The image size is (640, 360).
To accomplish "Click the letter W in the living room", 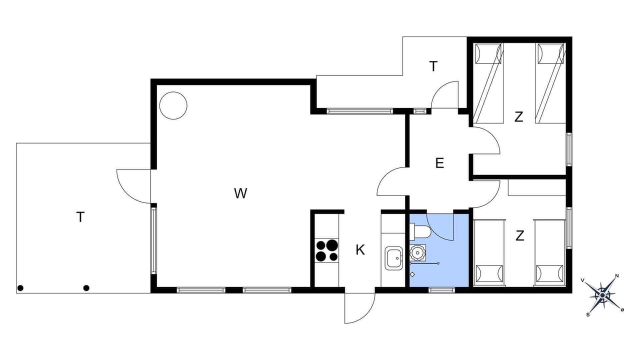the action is point(240,193).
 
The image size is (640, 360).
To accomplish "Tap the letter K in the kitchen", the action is point(360,250).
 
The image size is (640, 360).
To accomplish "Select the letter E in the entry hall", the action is point(439,163).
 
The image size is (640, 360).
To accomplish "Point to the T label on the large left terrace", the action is point(80,217).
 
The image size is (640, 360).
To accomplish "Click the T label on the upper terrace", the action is point(433,66).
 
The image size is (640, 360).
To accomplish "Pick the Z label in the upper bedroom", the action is point(518,117).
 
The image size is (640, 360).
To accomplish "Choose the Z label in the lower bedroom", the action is point(519,235).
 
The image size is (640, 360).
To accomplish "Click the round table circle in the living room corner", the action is point(173,105).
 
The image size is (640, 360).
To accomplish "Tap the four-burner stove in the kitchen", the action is point(327,250).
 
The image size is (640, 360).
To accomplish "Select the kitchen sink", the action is point(393,258).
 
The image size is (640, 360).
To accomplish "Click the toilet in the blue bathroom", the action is point(419,231).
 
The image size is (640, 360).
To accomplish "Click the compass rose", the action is point(602,295).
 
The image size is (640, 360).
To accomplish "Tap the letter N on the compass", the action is point(617,276).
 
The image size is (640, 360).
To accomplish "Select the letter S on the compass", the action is point(587,314).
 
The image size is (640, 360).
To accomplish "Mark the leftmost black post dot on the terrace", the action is point(20,288).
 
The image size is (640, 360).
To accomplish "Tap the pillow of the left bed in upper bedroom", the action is point(488,53).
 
